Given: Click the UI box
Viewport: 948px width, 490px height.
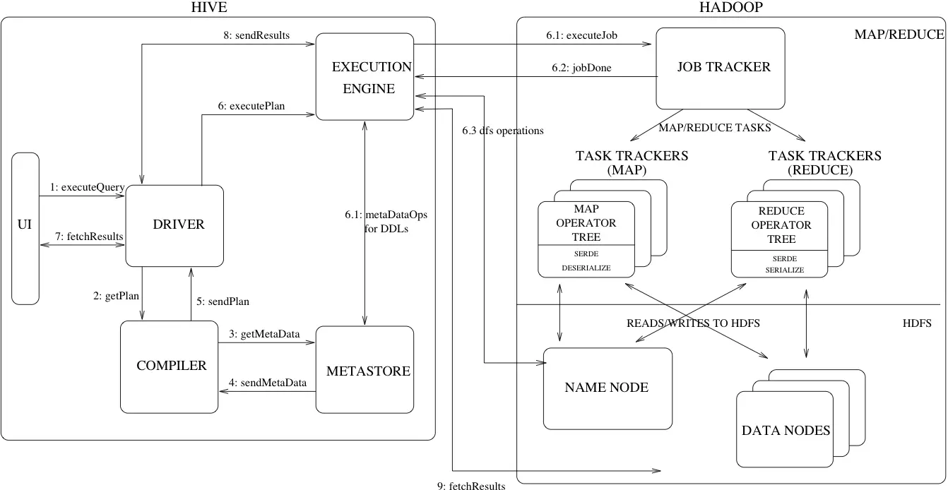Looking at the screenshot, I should pos(25,227).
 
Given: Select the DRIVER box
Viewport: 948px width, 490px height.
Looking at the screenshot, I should pos(174,225).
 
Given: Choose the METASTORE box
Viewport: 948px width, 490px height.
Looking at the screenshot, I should pos(365,370).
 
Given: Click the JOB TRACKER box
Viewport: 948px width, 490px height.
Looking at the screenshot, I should pos(721,68).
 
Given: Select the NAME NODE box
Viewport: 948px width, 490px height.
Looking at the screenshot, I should pos(607,388).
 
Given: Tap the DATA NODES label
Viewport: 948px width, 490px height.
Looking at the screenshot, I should pos(786,430).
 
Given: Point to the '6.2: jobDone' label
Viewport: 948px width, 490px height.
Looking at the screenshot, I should pos(581,68).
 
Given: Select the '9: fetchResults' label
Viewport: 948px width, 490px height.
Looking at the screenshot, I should pos(471,485).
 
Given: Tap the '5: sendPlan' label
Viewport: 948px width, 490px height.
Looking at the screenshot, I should pos(223,301).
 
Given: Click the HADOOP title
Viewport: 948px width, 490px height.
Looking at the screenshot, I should pos(730,8).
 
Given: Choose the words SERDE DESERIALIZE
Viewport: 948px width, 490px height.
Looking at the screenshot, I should pos(586,262).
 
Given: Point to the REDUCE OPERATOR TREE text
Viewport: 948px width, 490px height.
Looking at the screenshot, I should pos(781,225).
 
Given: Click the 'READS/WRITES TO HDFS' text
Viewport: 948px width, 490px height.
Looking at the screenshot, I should pos(693,323).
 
